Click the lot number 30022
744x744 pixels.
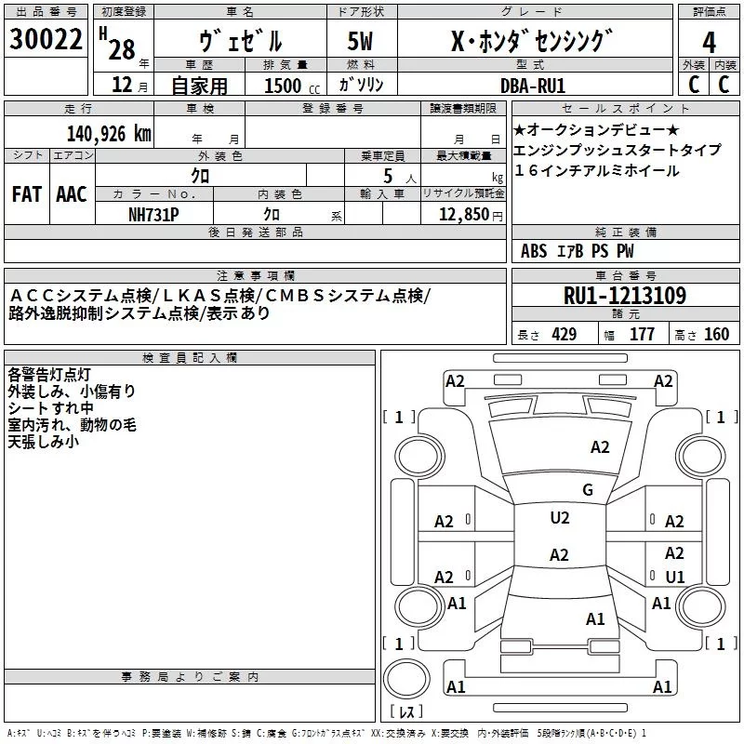(44, 41)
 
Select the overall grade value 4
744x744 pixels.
(709, 42)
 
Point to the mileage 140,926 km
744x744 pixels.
(108, 134)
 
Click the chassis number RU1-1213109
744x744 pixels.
(625, 296)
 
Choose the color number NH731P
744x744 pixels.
(154, 213)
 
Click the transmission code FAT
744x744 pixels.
(26, 194)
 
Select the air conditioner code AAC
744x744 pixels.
(71, 194)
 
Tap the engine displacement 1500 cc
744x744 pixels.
(284, 86)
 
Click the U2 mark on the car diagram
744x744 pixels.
(559, 518)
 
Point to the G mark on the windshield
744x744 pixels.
(587, 490)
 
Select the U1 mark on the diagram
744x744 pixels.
(675, 577)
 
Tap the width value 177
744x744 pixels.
(642, 335)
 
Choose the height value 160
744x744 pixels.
(716, 335)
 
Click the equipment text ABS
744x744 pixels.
(534, 251)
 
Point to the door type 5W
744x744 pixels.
(362, 42)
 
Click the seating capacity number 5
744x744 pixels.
(386, 175)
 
